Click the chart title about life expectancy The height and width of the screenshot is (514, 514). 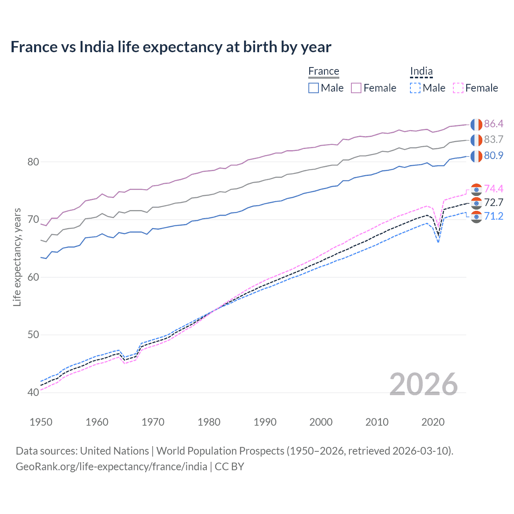pyautogui.click(x=171, y=47)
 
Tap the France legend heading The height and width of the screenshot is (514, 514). pyautogui.click(x=324, y=71)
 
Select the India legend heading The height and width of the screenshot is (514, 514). pyautogui.click(x=421, y=71)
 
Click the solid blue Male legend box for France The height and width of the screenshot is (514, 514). pyautogui.click(x=314, y=88)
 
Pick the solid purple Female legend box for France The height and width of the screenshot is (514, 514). pyautogui.click(x=356, y=88)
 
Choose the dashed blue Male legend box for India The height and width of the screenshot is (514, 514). pyautogui.click(x=415, y=88)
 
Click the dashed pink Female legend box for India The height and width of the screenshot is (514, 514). pyautogui.click(x=458, y=88)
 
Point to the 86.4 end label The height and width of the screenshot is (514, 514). pyautogui.click(x=494, y=124)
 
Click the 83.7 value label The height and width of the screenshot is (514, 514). pyautogui.click(x=494, y=139)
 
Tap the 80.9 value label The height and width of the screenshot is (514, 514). pyautogui.click(x=494, y=155)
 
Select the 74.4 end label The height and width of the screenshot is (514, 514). pyautogui.click(x=494, y=189)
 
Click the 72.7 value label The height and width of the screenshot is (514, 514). pyautogui.click(x=494, y=202)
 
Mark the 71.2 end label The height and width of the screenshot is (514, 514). pyautogui.click(x=494, y=216)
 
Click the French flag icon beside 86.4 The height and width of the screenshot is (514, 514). pyautogui.click(x=476, y=124)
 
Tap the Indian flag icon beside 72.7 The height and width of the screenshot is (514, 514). pyautogui.click(x=476, y=203)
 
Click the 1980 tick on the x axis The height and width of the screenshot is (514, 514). pyautogui.click(x=209, y=422)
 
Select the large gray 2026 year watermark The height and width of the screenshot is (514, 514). pyautogui.click(x=423, y=384)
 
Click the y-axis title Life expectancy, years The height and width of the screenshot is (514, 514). pyautogui.click(x=17, y=257)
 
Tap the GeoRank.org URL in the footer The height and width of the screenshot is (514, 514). pyautogui.click(x=111, y=467)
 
